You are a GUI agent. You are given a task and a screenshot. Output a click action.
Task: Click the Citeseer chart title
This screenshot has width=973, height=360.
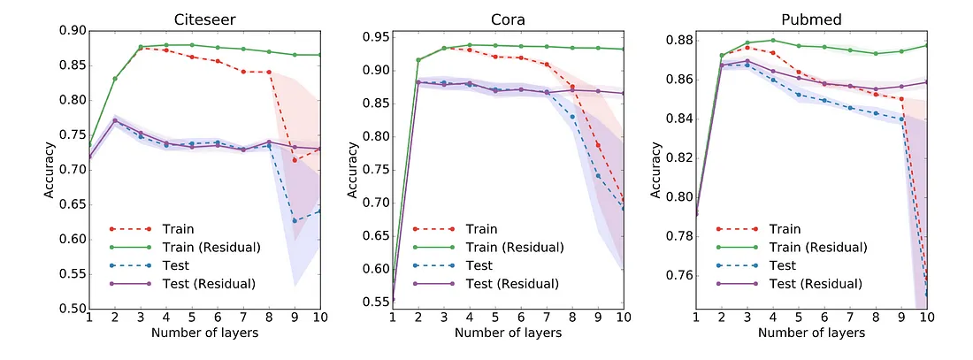pos(203,19)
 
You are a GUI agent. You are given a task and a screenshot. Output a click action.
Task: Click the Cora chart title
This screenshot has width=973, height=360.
pos(509,19)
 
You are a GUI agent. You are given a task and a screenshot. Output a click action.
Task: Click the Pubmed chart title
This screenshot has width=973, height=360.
pos(811,19)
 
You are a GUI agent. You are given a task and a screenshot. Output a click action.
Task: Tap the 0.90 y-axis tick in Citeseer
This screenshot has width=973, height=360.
pos(73,31)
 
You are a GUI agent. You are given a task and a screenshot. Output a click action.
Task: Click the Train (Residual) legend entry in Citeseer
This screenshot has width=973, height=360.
pos(186,247)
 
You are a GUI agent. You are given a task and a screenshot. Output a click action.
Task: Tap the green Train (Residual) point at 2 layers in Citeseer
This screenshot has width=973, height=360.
pos(115,79)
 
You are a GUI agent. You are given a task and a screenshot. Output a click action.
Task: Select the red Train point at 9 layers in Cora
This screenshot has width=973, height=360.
pos(598,145)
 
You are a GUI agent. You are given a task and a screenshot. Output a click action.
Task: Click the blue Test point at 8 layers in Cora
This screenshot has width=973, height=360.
pos(572,117)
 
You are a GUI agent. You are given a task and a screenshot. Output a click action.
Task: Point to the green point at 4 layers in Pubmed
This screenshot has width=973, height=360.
pos(773,40)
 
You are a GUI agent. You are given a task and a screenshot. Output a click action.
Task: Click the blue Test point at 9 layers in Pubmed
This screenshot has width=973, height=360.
pos(901,119)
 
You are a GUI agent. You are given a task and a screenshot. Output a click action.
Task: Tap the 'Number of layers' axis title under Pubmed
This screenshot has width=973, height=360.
pos(811,333)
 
